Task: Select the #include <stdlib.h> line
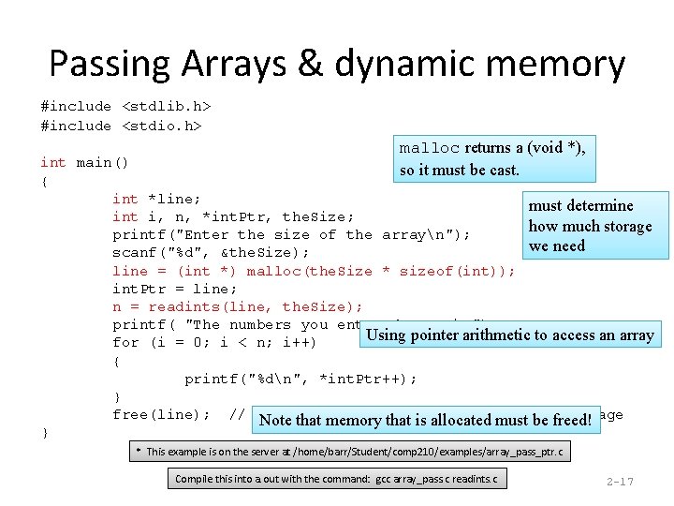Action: [x=125, y=107]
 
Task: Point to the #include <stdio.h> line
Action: [x=122, y=126]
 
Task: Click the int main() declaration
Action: [x=84, y=162]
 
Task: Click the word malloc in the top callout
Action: [x=430, y=148]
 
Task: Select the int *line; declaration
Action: [x=156, y=199]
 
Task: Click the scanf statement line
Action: [x=211, y=253]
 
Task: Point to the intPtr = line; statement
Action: [x=175, y=289]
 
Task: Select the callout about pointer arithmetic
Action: [x=510, y=335]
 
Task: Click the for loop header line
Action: [x=215, y=342]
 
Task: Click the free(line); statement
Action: [x=161, y=415]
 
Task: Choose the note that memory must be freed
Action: [x=425, y=420]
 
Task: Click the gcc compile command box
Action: [x=336, y=480]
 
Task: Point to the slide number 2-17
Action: [x=620, y=482]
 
